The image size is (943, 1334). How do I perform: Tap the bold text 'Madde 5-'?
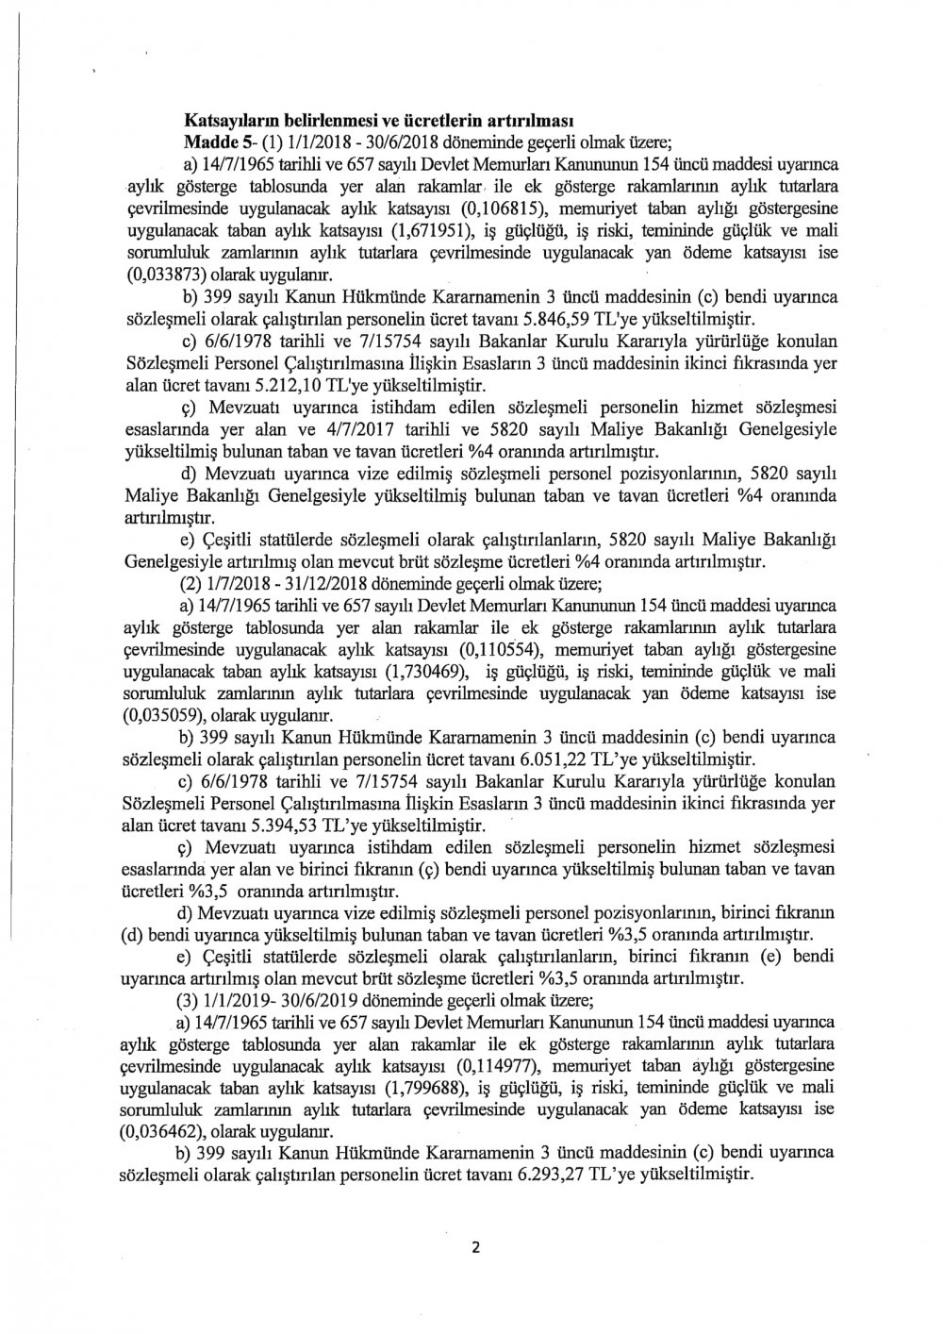[x=216, y=142]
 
